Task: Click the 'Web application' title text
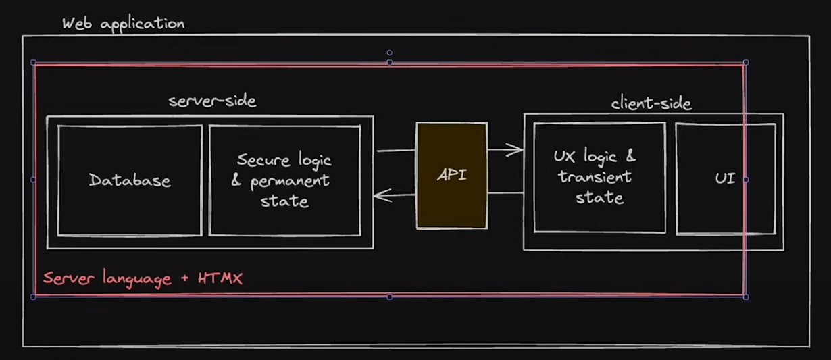pyautogui.click(x=123, y=24)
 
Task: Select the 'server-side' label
pyautogui.click(x=212, y=101)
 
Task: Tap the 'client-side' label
pyautogui.click(x=651, y=103)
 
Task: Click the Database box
pyautogui.click(x=130, y=180)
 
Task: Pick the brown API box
pyautogui.click(x=451, y=175)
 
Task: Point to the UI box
pyautogui.click(x=725, y=179)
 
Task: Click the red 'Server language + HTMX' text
pyautogui.click(x=143, y=278)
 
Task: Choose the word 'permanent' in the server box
pyautogui.click(x=290, y=181)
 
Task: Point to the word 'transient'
pyautogui.click(x=595, y=177)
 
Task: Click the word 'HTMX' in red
pyautogui.click(x=220, y=278)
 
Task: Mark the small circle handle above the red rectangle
pyautogui.click(x=389, y=53)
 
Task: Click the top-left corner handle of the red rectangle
pyautogui.click(x=34, y=63)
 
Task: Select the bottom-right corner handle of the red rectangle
pyautogui.click(x=746, y=297)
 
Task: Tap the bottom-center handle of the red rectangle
pyautogui.click(x=389, y=297)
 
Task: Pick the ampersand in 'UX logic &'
pyautogui.click(x=630, y=157)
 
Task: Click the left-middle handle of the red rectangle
pyautogui.click(x=34, y=180)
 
